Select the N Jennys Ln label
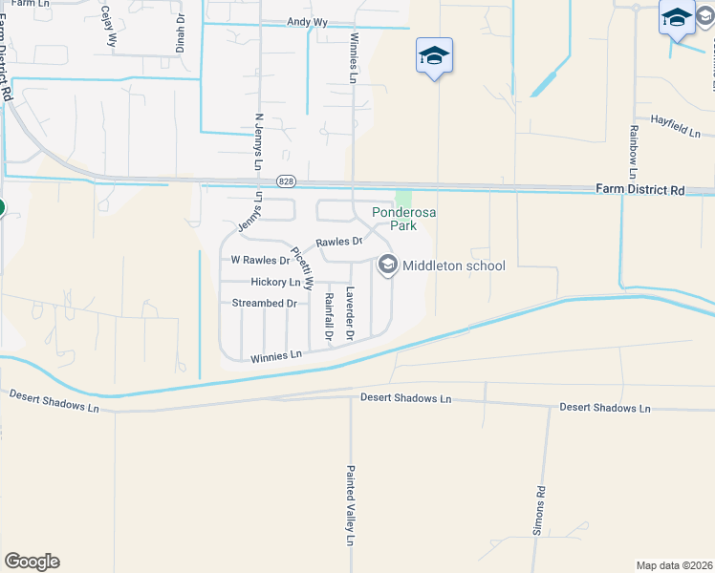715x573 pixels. pyautogui.click(x=258, y=141)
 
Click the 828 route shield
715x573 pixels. pyautogui.click(x=286, y=180)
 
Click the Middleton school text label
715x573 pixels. pyautogui.click(x=453, y=266)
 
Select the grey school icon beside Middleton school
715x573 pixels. pyautogui.click(x=387, y=265)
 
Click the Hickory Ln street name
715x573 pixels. pyautogui.click(x=275, y=283)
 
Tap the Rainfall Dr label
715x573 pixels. pyautogui.click(x=328, y=316)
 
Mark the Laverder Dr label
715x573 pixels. pyautogui.click(x=351, y=313)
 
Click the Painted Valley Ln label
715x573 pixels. pyautogui.click(x=351, y=506)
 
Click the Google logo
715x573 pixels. pyautogui.click(x=32, y=562)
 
